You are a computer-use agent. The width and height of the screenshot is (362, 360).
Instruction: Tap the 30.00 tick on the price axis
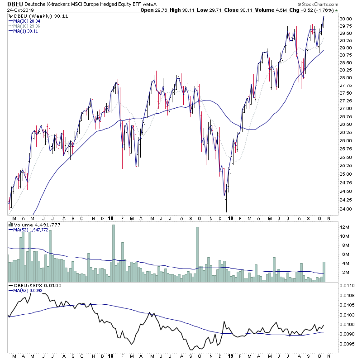346,19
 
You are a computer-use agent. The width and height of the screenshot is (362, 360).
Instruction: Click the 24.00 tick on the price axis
346,209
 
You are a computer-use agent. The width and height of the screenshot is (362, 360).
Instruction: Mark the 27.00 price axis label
346,109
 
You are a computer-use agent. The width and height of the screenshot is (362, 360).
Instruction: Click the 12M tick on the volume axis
345,227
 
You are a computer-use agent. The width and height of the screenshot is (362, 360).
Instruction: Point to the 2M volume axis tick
345,272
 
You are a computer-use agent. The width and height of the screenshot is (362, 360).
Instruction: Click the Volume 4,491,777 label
30,225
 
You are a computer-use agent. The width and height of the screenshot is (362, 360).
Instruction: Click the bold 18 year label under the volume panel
111,218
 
